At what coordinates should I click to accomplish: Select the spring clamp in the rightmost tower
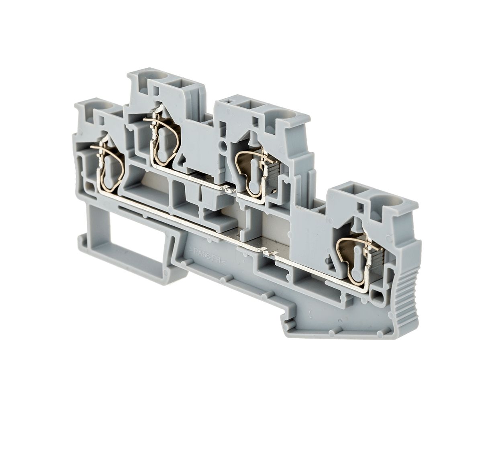tap(357, 260)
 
